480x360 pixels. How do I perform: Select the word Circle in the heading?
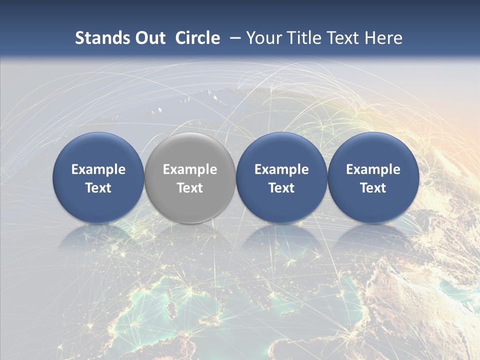pos(197,38)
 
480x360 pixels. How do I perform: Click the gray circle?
pos(190,178)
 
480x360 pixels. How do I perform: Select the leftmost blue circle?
pos(98,178)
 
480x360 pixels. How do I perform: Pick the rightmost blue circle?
pos(373,178)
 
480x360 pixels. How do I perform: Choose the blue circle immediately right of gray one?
pos(281,178)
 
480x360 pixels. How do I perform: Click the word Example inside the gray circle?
pos(190,169)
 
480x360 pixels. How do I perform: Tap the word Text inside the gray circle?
pos(190,188)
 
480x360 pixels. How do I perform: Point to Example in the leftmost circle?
pos(98,169)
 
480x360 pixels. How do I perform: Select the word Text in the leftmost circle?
pos(98,188)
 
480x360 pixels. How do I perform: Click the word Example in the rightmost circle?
pos(373,169)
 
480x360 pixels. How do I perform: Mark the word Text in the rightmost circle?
pos(373,188)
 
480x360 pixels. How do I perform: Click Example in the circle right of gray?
pos(281,169)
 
